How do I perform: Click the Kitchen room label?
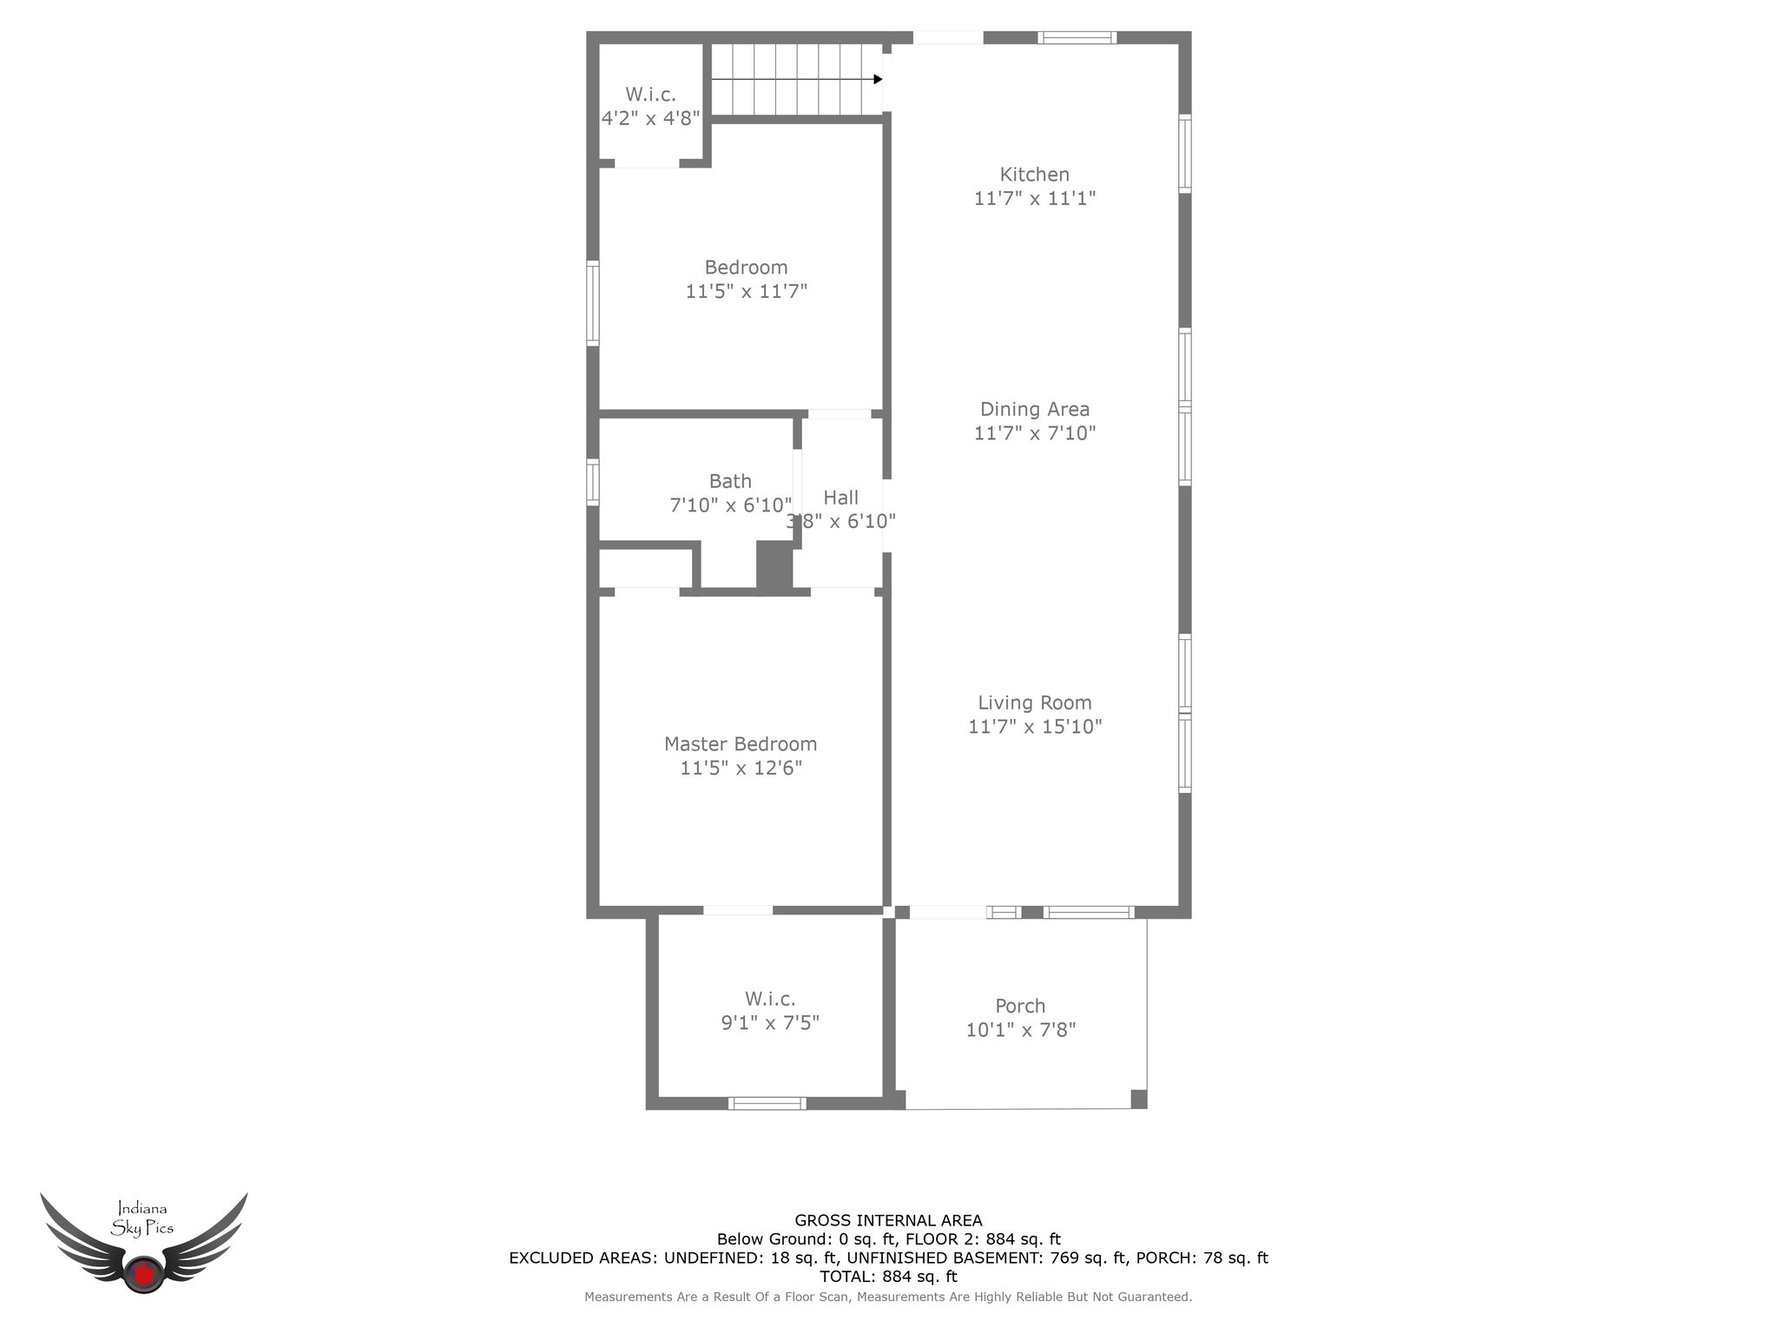[1034, 175]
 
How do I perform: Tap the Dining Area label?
[1034, 409]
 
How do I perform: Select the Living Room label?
[1035, 703]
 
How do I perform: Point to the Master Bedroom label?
[741, 744]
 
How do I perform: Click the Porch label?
[1020, 1006]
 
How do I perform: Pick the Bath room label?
[730, 481]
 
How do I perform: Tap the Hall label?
[840, 498]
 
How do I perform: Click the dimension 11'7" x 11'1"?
[1035, 198]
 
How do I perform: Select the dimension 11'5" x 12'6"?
[741, 768]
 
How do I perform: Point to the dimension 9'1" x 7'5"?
[770, 1023]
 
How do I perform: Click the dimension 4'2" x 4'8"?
[651, 118]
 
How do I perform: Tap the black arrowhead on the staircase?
[878, 79]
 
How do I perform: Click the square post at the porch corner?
[1138, 1099]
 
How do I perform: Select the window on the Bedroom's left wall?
[593, 304]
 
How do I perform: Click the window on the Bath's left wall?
[593, 482]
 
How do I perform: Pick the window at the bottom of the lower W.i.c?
[767, 1103]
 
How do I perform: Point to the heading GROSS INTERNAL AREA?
[888, 1220]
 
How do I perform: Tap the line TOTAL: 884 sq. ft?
[888, 1277]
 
